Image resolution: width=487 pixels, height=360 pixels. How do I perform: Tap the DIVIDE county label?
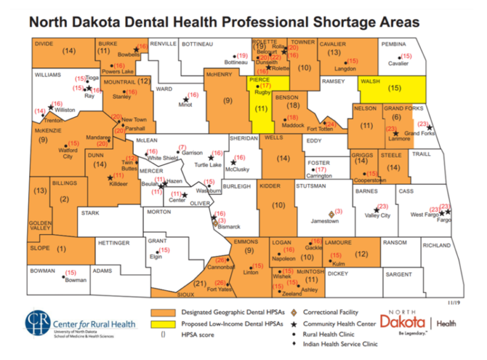click(43, 43)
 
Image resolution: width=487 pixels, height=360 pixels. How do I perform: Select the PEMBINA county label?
click(394, 44)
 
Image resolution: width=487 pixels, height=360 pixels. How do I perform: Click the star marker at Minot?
click(186, 99)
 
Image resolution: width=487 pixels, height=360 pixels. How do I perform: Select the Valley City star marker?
click(375, 210)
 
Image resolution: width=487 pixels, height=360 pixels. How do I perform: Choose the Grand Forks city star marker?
click(396, 134)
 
